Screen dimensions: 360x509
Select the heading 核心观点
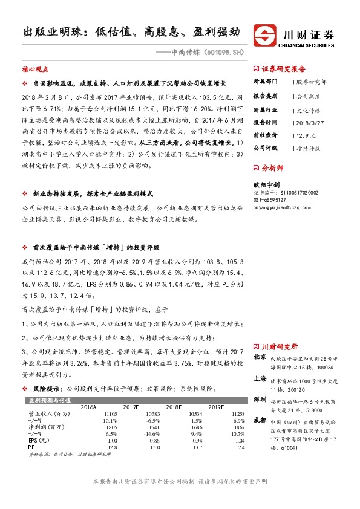[x=35, y=70]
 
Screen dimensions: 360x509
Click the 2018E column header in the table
[x=192, y=406]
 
